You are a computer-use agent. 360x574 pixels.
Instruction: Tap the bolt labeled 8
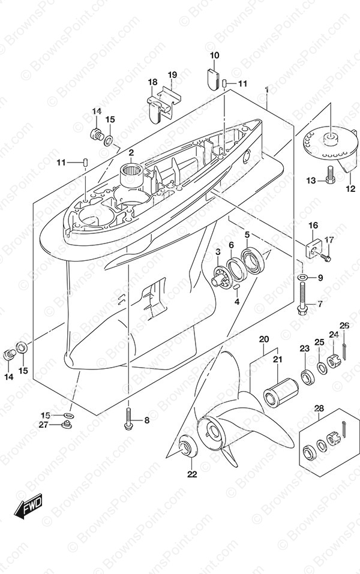128,419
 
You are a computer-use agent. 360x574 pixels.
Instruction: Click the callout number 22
191,474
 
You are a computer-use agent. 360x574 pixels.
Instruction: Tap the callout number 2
131,152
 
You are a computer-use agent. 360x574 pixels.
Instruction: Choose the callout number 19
172,75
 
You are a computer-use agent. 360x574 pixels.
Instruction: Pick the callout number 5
247,235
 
